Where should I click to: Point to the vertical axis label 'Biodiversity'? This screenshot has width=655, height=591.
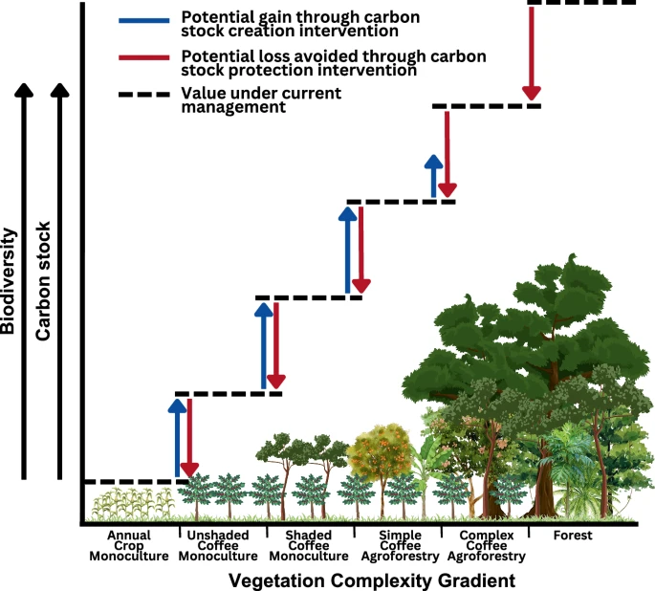pos(9,279)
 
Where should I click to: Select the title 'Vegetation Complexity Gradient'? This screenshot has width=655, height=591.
pos(372,580)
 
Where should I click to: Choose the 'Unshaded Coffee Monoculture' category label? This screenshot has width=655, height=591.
pos(221,546)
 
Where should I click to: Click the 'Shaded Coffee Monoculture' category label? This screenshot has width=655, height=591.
pos(309,546)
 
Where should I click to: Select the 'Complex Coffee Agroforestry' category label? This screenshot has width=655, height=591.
pos(487,546)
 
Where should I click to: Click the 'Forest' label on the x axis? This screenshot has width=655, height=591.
pos(572,536)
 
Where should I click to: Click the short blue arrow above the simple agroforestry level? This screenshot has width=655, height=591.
pos(433,177)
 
